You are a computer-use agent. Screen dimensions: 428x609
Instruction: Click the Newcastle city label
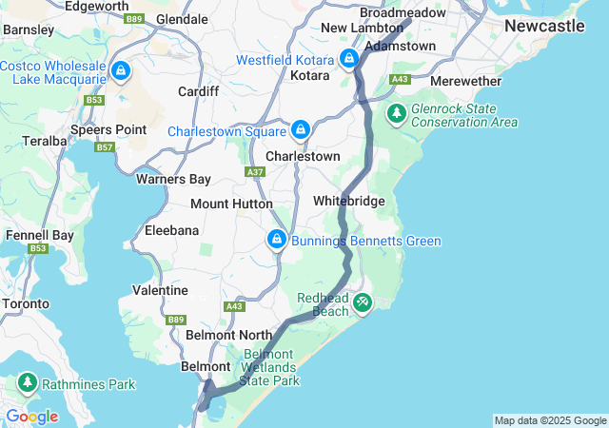(x=544, y=26)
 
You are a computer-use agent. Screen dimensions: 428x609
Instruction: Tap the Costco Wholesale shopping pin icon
(x=121, y=71)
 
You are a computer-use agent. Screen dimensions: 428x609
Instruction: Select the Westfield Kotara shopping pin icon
(x=349, y=59)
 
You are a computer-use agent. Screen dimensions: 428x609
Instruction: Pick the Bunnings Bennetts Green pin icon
(x=277, y=239)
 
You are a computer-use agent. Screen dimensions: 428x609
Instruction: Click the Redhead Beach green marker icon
(x=363, y=302)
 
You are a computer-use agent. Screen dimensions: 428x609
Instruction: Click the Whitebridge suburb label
(x=349, y=202)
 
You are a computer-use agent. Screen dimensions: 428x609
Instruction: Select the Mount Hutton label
(x=231, y=204)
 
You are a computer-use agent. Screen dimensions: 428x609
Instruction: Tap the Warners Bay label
(x=173, y=178)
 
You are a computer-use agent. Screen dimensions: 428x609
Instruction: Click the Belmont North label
(x=229, y=335)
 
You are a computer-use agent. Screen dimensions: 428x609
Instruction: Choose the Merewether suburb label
(x=460, y=82)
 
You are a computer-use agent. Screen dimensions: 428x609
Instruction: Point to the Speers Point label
(x=114, y=129)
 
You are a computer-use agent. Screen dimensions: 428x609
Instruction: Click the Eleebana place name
(x=171, y=230)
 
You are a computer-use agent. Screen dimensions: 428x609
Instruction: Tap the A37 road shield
(x=255, y=172)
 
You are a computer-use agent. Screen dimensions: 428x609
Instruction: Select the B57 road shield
(x=105, y=147)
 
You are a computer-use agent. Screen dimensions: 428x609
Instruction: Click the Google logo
(x=30, y=417)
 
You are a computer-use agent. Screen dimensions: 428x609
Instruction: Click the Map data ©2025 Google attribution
(x=549, y=420)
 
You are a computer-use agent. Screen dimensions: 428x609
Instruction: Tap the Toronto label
(x=26, y=304)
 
